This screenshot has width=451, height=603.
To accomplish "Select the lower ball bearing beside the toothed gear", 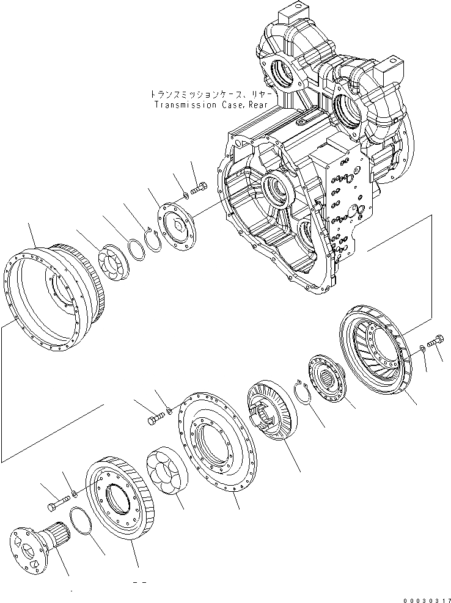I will (x=164, y=470).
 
